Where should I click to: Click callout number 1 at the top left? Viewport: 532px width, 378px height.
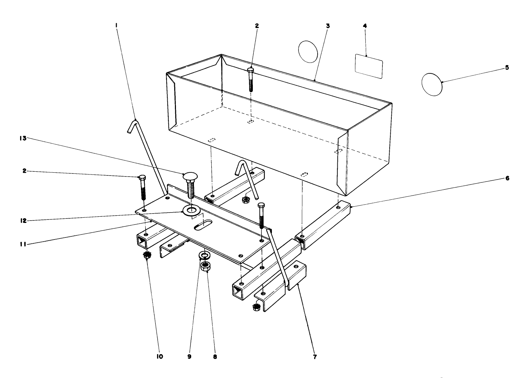click(x=117, y=25)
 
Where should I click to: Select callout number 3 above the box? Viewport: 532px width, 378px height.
click(x=328, y=26)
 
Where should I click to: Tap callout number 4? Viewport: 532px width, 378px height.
click(x=365, y=26)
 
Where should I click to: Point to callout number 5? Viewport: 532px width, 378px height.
click(x=507, y=67)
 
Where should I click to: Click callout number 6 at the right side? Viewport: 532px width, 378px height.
click(x=507, y=178)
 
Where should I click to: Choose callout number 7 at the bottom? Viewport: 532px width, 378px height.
click(x=314, y=357)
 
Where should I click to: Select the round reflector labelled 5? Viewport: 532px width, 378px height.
click(x=432, y=84)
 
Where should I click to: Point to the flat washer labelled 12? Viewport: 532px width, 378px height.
click(x=190, y=210)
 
